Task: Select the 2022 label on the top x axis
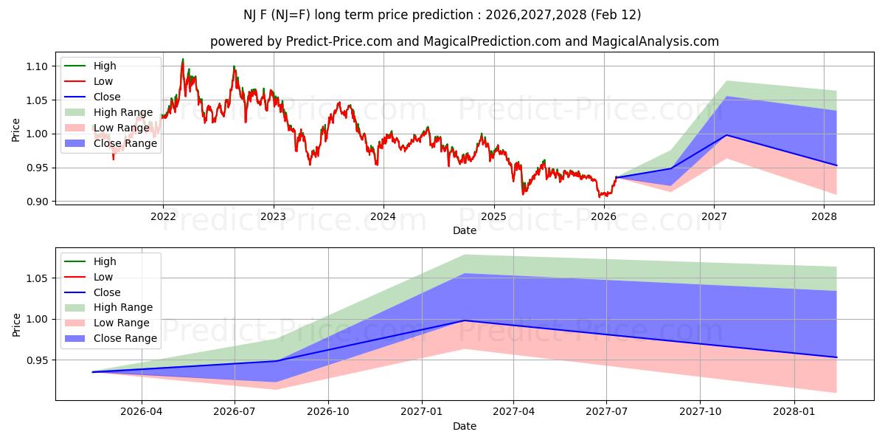pyautogui.click(x=163, y=216)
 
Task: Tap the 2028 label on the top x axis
pyautogui.click(x=824, y=216)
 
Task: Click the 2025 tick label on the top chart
pyautogui.click(x=493, y=216)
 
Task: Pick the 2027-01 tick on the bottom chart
pyautogui.click(x=421, y=411)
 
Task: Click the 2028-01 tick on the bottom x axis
pyautogui.click(x=795, y=411)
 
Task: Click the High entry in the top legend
pyautogui.click(x=103, y=66)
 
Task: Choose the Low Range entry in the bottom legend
pyautogui.click(x=121, y=323)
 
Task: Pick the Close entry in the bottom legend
pyautogui.click(x=107, y=292)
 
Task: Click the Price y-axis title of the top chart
pyautogui.click(x=16, y=129)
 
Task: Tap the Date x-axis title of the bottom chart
pyautogui.click(x=465, y=426)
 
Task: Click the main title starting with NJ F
pyautogui.click(x=442, y=15)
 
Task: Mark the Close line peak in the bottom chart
pyautogui.click(x=464, y=320)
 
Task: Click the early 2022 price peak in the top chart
pyautogui.click(x=183, y=59)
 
